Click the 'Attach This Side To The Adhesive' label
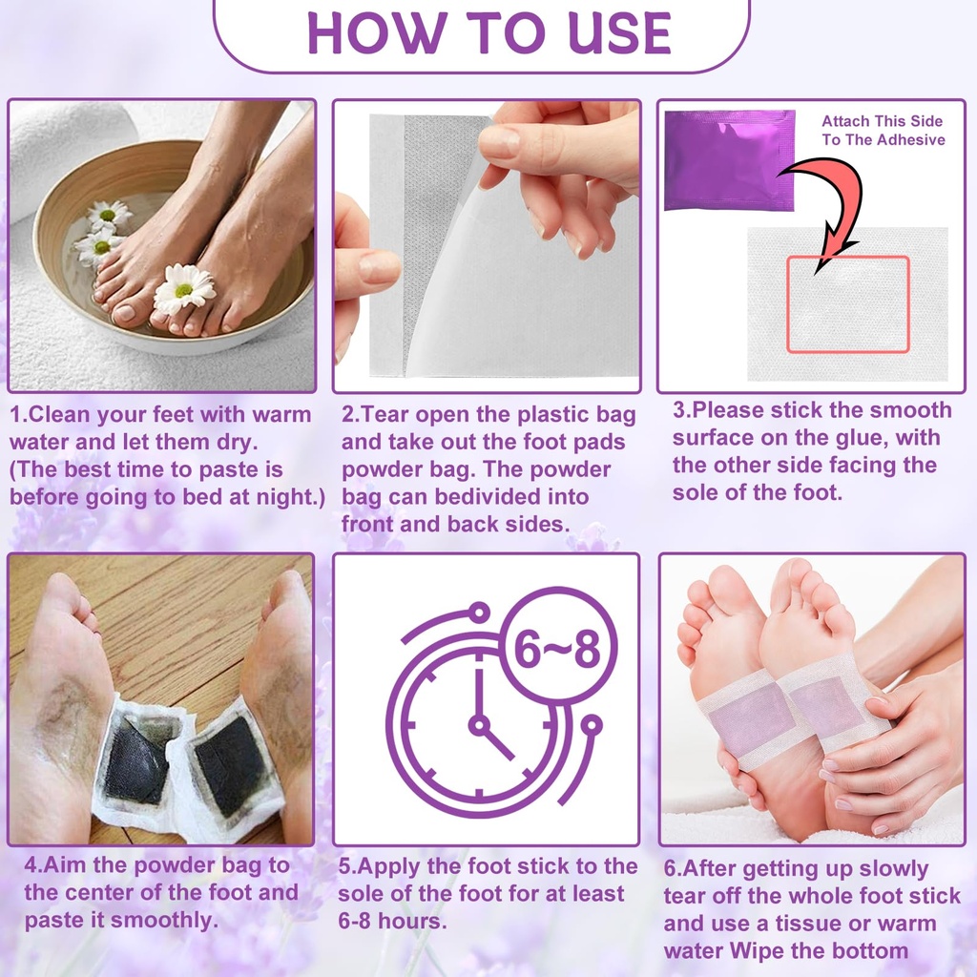883,131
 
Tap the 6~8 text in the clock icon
558,651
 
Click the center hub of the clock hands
478,725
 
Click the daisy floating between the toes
184,287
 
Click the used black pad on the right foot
230,762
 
